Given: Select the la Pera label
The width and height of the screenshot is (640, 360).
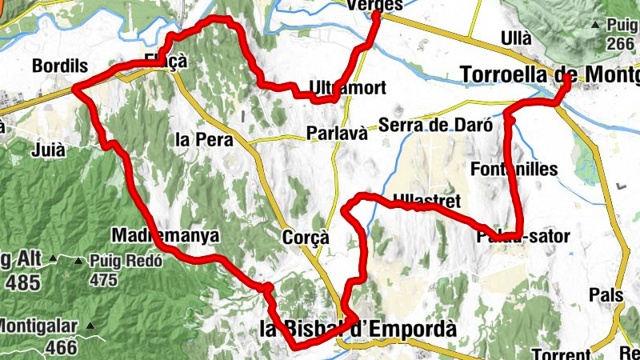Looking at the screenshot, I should point(203,140).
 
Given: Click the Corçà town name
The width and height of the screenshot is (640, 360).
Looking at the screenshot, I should point(306,237).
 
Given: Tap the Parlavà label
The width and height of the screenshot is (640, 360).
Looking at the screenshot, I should point(337,133).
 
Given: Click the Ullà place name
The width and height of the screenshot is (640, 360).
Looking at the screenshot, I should point(514,38).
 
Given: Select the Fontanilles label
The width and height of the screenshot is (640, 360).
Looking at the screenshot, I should point(514,169).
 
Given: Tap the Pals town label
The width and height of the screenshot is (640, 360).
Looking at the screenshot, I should point(606,294).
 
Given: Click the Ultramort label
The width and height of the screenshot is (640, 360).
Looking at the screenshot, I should point(347,87).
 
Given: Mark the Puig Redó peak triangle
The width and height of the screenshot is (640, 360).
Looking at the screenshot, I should point(78,261).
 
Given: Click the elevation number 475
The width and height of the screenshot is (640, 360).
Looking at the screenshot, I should point(103,280).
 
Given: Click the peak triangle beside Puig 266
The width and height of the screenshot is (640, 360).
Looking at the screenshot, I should point(595,26).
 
